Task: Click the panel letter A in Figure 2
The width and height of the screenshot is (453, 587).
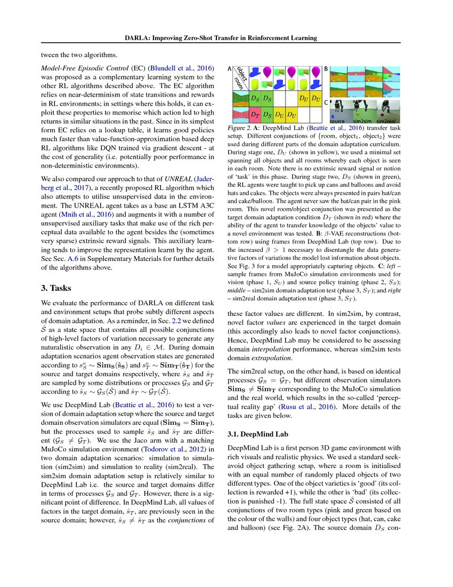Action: (230, 69)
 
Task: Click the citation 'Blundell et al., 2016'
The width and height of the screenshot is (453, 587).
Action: (182, 69)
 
